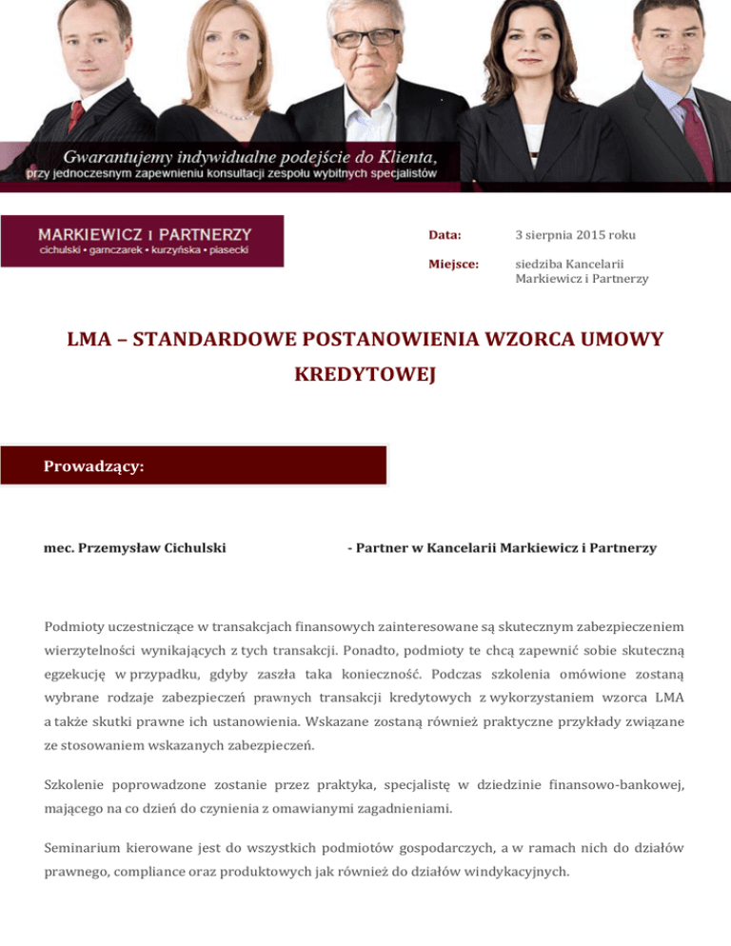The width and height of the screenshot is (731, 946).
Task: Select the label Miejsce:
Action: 453,264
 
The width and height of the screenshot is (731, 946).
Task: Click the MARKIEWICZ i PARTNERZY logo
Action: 143,241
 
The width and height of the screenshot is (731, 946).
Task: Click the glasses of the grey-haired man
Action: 365,37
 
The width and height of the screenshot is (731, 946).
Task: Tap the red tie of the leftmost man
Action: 76,115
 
